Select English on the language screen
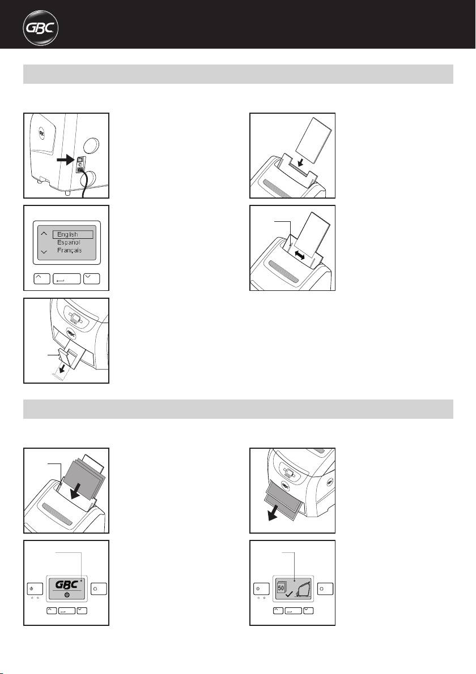tap(67, 234)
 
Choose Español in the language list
tap(69, 242)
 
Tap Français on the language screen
tap(69, 250)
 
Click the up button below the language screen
tap(42, 278)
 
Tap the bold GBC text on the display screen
tap(67, 585)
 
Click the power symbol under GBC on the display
tap(67, 595)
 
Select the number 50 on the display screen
tap(282, 587)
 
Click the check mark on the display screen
tap(289, 594)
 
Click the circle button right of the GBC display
tap(99, 589)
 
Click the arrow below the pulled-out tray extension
tap(63, 367)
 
